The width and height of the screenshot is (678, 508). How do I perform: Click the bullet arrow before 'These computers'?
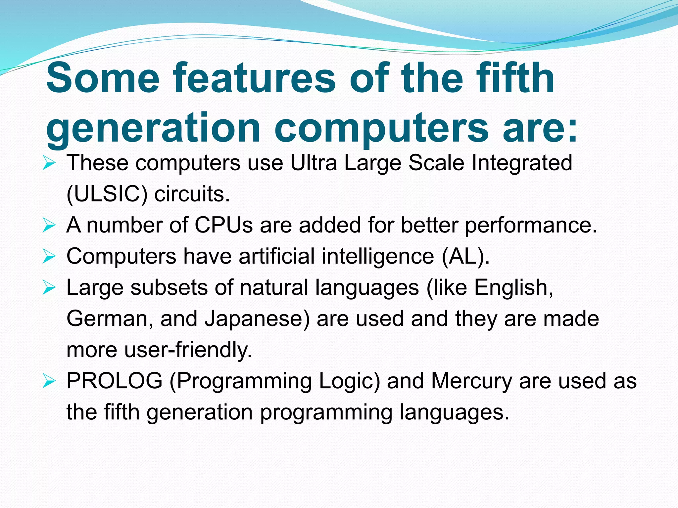(x=49, y=163)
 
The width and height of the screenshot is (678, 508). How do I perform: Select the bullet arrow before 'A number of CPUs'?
(x=49, y=225)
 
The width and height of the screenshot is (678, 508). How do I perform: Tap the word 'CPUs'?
(x=223, y=225)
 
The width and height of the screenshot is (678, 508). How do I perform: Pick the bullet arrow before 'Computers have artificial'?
(x=49, y=256)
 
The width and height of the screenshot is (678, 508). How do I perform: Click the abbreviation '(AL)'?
(x=465, y=256)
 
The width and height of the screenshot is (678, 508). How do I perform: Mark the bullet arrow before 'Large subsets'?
(x=49, y=287)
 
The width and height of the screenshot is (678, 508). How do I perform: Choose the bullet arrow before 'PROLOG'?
(x=49, y=381)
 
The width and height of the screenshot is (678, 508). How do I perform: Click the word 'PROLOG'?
(x=115, y=381)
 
